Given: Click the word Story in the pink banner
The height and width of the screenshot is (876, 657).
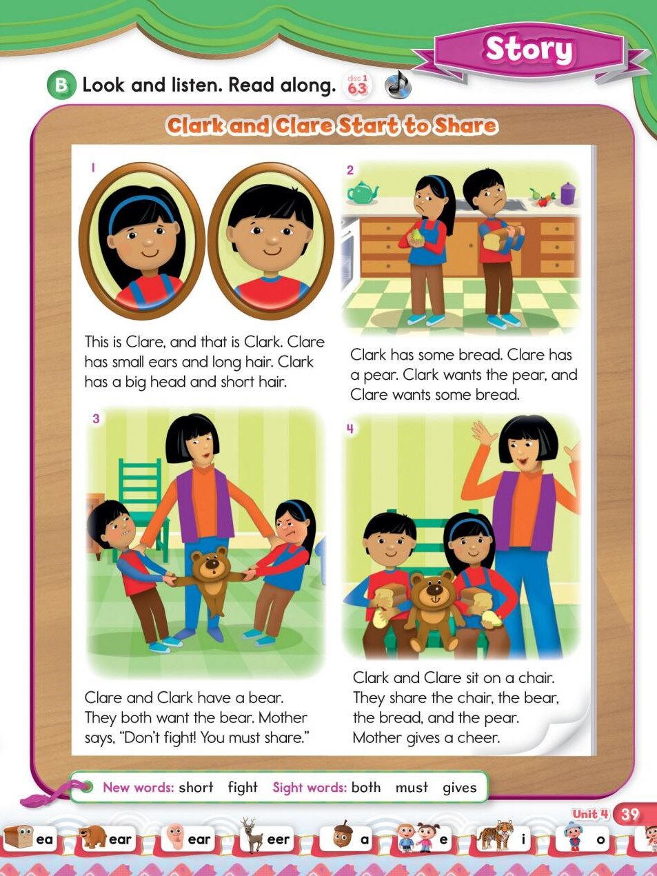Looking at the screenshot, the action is click(x=529, y=50).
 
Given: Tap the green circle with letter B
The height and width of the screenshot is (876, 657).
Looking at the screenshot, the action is click(x=61, y=85).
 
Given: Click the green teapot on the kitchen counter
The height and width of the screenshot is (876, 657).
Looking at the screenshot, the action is click(x=362, y=191).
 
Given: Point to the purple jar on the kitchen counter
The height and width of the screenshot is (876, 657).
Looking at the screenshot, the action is click(x=567, y=193).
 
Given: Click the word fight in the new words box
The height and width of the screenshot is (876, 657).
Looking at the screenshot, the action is click(x=243, y=787).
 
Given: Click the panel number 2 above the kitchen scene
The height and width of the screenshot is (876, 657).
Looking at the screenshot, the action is click(x=350, y=170).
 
